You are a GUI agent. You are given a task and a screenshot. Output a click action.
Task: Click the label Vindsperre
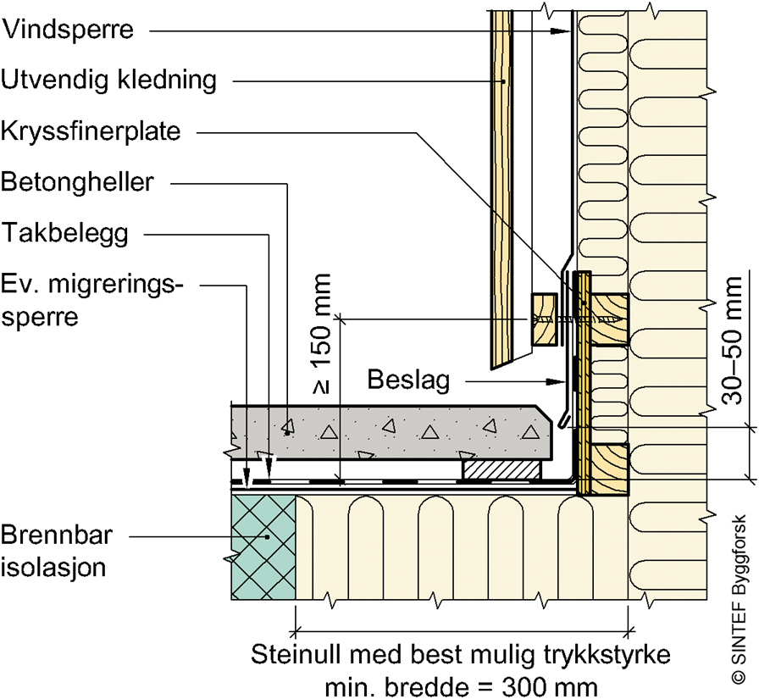[68, 31]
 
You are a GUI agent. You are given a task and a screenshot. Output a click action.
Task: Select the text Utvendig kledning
[108, 81]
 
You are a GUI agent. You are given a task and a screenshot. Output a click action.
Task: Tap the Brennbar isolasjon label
[54, 551]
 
